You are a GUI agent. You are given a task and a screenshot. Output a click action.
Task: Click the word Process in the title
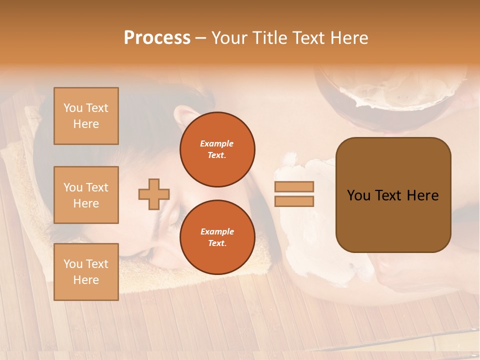tap(157, 38)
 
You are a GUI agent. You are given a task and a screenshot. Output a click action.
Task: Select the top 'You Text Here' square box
tap(86, 116)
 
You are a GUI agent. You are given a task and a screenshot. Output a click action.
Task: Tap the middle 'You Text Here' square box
tap(86, 195)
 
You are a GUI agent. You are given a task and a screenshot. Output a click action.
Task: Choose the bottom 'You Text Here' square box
tap(86, 272)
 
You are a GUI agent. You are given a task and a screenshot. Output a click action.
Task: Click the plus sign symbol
tap(154, 194)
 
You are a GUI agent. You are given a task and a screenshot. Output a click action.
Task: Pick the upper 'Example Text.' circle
tap(217, 149)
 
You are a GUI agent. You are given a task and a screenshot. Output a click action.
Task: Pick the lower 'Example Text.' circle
tap(217, 237)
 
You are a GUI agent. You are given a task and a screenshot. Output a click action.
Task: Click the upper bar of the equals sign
tap(294, 187)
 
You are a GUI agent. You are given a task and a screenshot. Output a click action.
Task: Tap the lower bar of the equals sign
tap(294, 201)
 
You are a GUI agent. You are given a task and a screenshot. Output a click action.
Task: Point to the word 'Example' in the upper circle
tap(217, 143)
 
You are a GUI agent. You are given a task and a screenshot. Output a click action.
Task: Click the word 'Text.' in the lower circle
tap(217, 243)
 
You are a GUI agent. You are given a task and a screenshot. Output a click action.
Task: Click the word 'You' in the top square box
tap(72, 108)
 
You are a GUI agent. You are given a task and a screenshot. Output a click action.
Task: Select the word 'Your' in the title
tap(229, 38)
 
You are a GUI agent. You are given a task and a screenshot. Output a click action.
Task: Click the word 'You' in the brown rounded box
tap(358, 195)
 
